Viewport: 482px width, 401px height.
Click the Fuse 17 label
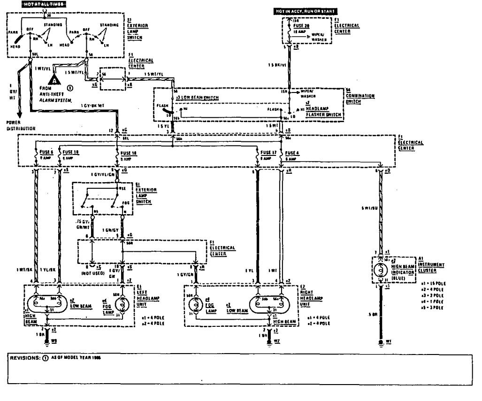[269, 153]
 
